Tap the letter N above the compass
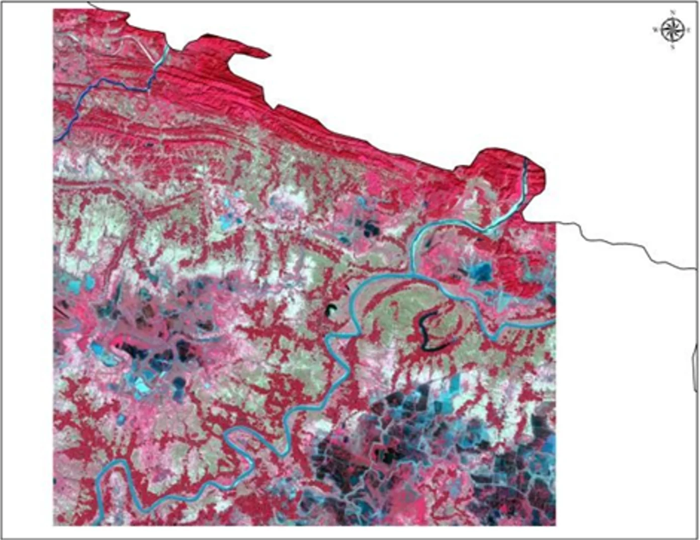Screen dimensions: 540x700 [x=672, y=12]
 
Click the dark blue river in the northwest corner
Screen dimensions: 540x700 [x=101, y=85]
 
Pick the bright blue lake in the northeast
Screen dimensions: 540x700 [x=481, y=272]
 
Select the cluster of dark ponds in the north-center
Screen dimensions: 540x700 [x=370, y=229]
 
